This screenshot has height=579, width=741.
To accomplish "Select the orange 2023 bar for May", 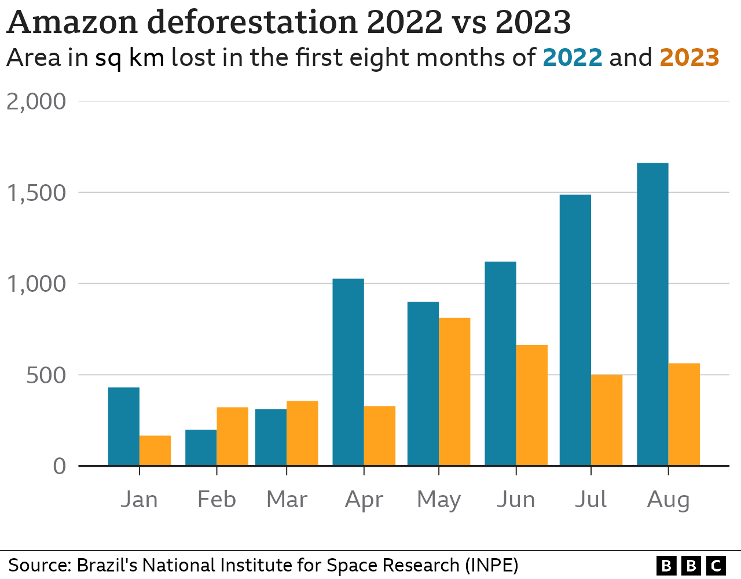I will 454,392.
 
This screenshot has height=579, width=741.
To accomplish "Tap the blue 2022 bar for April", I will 348,372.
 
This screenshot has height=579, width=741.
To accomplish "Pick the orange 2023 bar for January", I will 155,450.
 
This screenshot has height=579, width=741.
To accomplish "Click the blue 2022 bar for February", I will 201,448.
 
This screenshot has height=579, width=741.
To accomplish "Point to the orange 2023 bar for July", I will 607,420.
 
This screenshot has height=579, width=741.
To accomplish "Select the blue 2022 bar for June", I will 500,364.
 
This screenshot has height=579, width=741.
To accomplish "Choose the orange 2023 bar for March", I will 302,433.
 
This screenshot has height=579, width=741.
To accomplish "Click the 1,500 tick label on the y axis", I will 36,193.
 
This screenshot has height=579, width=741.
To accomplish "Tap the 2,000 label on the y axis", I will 36,101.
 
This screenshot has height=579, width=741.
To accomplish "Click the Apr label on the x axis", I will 364,500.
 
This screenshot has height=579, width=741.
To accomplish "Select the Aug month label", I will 668,500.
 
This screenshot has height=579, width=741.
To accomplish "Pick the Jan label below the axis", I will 139,500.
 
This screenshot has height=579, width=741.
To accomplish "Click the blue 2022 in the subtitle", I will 573,58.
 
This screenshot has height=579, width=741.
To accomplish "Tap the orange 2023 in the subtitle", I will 689,58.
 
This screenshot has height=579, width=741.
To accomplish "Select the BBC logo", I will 691,565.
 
